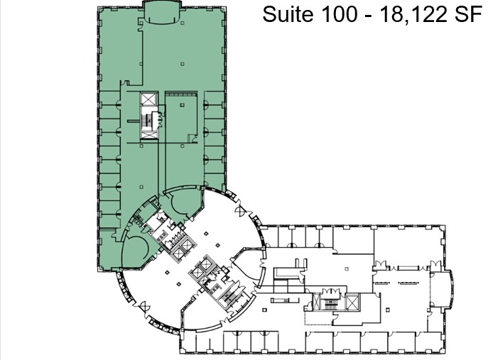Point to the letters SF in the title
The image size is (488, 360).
click(x=466, y=14)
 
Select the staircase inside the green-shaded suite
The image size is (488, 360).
click(x=148, y=121)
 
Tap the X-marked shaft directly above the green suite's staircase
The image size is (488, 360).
click(x=148, y=100)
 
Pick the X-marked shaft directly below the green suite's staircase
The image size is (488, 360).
click(x=148, y=138)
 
